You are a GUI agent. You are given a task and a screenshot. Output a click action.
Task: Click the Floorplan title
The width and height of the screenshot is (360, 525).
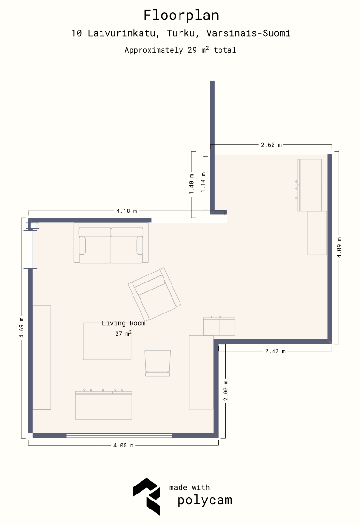(x=181, y=16)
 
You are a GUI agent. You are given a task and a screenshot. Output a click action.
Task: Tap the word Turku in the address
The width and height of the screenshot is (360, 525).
(x=181, y=33)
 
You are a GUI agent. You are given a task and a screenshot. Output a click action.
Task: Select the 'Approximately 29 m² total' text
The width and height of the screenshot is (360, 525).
(x=180, y=50)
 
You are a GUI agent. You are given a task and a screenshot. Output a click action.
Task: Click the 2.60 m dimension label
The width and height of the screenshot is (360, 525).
(x=271, y=145)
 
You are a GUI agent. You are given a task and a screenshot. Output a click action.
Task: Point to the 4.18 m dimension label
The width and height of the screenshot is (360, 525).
(x=126, y=211)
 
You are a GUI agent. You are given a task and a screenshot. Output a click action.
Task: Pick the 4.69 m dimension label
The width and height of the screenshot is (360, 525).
(x=22, y=328)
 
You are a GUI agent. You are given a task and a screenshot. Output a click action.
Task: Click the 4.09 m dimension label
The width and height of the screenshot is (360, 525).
(x=339, y=247)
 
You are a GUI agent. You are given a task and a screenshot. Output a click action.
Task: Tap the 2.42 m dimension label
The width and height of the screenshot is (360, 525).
(x=275, y=351)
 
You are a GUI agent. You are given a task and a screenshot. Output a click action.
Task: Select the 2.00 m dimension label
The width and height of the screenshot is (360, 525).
(x=226, y=391)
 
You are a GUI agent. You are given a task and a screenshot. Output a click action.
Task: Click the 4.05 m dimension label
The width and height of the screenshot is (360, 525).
(x=123, y=445)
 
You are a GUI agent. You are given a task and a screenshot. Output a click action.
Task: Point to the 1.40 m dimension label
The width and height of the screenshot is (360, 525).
(x=192, y=184)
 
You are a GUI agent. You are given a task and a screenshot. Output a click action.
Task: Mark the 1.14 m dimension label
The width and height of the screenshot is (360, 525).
(x=203, y=182)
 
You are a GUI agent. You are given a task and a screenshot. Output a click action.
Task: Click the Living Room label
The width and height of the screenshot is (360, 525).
(x=124, y=323)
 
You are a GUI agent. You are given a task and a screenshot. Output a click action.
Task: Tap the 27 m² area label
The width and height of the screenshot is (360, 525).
(x=123, y=333)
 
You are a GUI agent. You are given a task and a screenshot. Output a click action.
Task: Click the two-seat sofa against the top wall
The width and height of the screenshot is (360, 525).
(x=111, y=243)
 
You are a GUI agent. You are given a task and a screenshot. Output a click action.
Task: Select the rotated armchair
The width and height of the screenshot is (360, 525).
(x=154, y=294)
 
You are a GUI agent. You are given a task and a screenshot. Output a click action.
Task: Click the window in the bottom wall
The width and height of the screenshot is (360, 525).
(x=119, y=436)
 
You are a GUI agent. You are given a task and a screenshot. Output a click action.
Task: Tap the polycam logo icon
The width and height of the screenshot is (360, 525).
(x=147, y=496)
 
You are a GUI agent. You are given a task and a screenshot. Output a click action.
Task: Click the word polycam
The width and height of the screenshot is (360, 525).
(x=204, y=500)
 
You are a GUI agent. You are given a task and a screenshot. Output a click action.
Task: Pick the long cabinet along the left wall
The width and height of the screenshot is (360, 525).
(x=42, y=357)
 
